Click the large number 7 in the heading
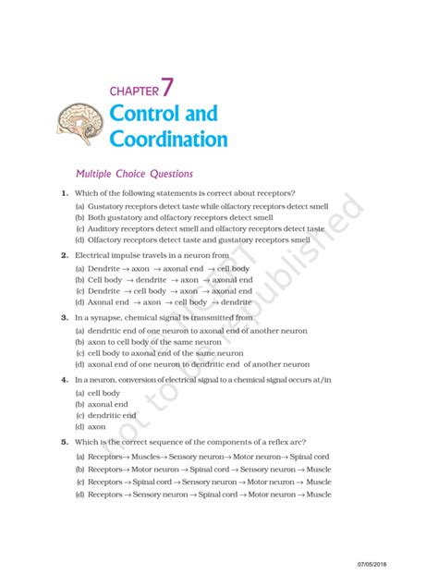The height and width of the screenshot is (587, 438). [x=167, y=88]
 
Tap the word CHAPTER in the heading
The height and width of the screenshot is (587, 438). [x=133, y=92]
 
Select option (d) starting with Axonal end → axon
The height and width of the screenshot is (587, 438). [x=164, y=301]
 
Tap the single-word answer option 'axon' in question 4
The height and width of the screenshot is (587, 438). [x=96, y=427]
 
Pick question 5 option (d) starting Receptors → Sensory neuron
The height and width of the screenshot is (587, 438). [x=202, y=495]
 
